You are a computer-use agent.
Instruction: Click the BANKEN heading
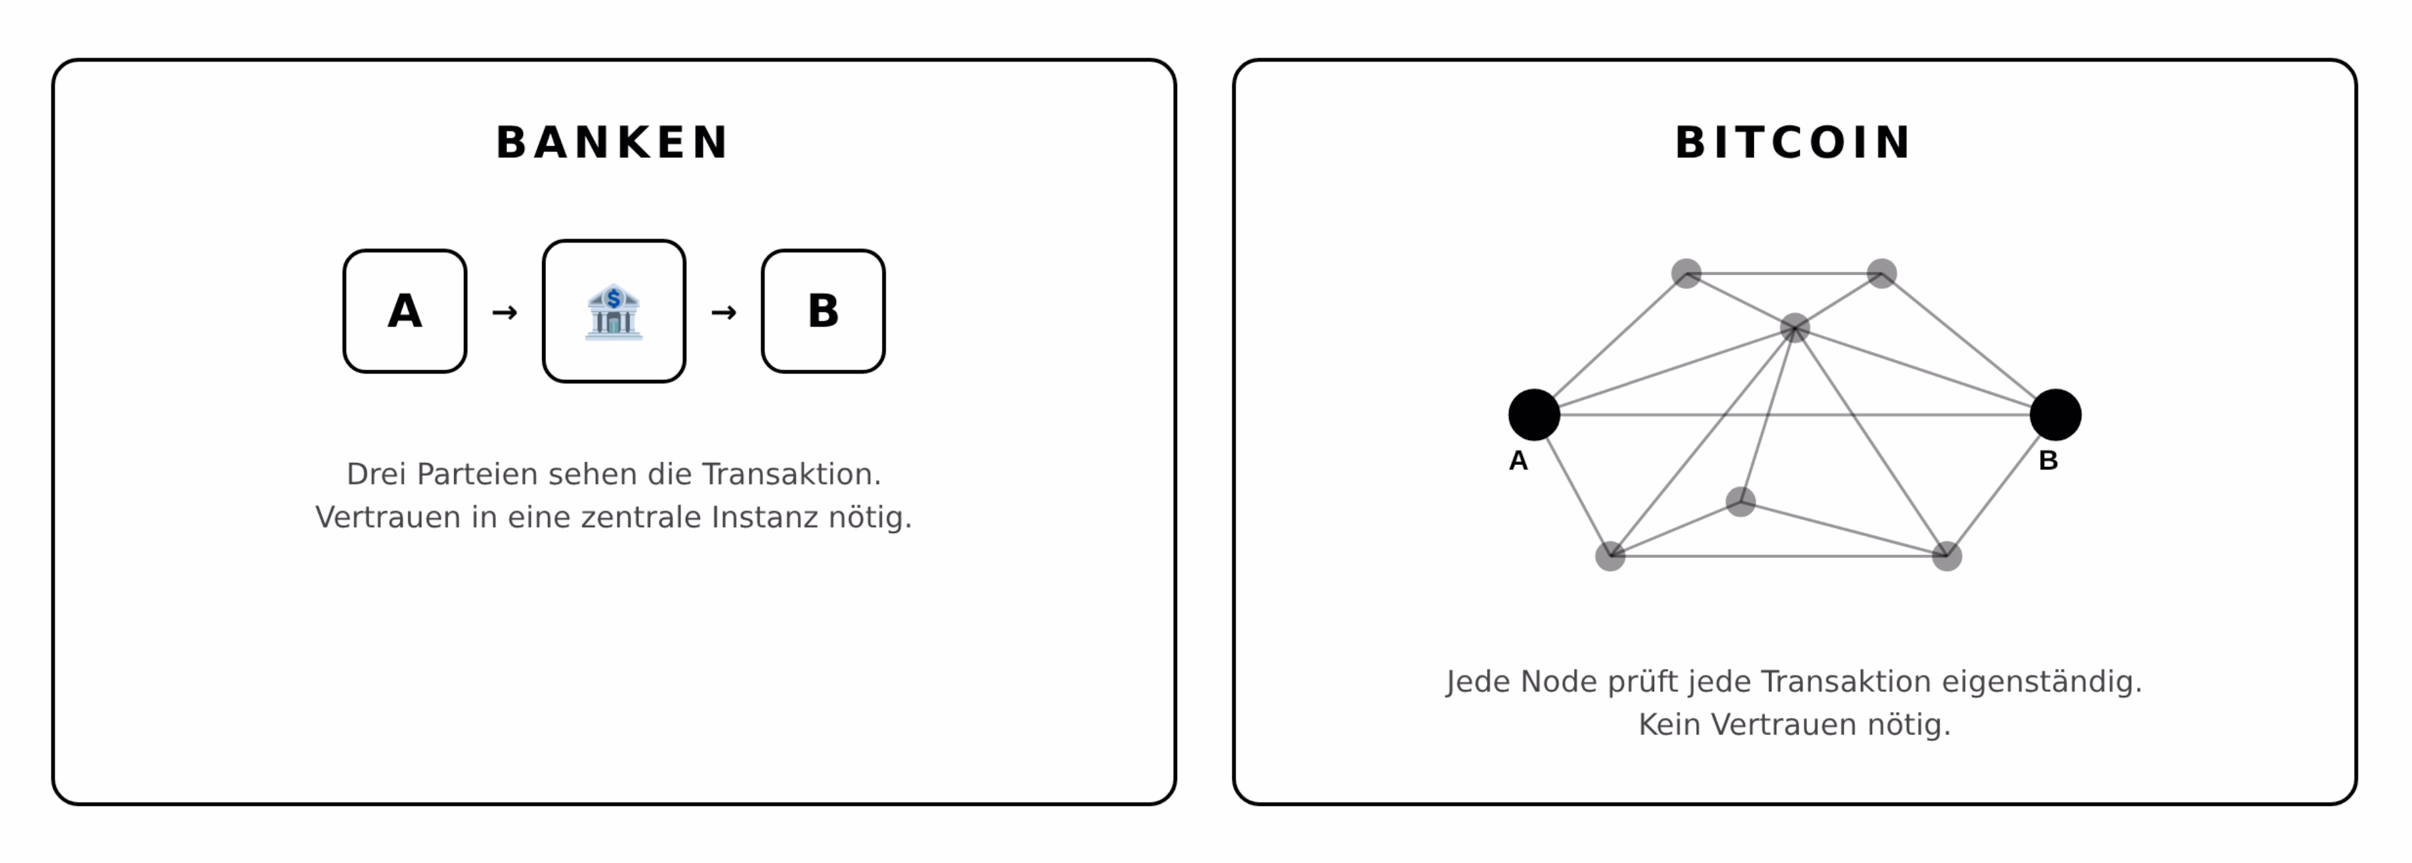612,143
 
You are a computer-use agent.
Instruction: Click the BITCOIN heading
1793,143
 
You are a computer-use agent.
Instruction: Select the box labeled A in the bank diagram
404,311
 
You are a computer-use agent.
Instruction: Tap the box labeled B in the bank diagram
823,311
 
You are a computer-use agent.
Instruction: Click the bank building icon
613,311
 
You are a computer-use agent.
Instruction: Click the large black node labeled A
1533,414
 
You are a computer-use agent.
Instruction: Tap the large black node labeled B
2055,414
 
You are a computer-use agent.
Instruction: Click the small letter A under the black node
1518,460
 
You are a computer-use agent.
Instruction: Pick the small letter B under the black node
2048,460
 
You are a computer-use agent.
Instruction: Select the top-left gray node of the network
1686,273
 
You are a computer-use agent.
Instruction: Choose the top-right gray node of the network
1881,273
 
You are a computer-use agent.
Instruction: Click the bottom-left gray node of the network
1610,556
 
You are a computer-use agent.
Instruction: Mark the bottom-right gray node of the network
1947,556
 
